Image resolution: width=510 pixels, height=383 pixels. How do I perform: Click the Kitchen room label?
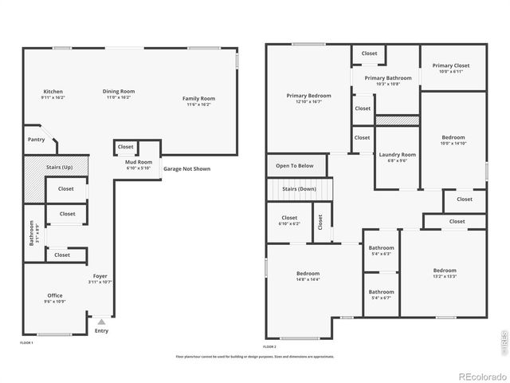click(53, 92)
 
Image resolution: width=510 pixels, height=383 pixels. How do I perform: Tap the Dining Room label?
click(118, 92)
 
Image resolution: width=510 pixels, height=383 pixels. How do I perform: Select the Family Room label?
click(201, 99)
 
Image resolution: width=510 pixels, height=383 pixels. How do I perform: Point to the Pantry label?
click(37, 140)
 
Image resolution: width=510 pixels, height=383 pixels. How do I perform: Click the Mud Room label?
click(139, 162)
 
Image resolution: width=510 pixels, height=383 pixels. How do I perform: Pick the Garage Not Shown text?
click(186, 169)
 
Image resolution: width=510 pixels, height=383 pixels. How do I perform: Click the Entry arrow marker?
click(101, 322)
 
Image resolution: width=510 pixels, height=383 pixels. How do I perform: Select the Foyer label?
click(100, 276)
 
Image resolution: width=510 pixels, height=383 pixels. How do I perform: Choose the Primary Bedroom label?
click(308, 96)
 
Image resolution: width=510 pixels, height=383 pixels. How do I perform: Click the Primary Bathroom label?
click(388, 78)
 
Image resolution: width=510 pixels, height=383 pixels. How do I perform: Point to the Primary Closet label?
click(451, 65)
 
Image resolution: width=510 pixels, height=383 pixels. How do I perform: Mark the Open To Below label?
click(295, 166)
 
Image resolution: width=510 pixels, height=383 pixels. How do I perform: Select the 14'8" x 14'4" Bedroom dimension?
click(308, 279)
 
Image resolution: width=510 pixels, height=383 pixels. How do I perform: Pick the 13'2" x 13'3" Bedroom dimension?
click(445, 276)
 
